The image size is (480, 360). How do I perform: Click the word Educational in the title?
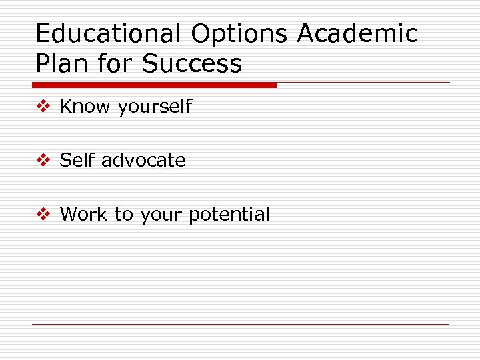tap(107, 33)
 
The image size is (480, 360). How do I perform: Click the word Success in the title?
tap(192, 64)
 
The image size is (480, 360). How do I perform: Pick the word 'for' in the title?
tap(115, 64)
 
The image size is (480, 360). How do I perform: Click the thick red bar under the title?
tap(154, 85)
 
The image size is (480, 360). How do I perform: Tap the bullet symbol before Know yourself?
tap(44, 107)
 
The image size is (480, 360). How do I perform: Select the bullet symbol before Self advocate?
tap(44, 161)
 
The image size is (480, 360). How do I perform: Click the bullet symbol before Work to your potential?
tap(44, 215)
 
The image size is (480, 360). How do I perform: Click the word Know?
tap(86, 107)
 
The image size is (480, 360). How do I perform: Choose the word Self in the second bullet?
tap(77, 160)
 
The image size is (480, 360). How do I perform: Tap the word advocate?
tap(143, 161)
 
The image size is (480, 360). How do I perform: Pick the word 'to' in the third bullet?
tap(123, 215)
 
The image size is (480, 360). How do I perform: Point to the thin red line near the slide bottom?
tap(240, 325)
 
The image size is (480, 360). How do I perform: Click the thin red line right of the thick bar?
tap(363, 83)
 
